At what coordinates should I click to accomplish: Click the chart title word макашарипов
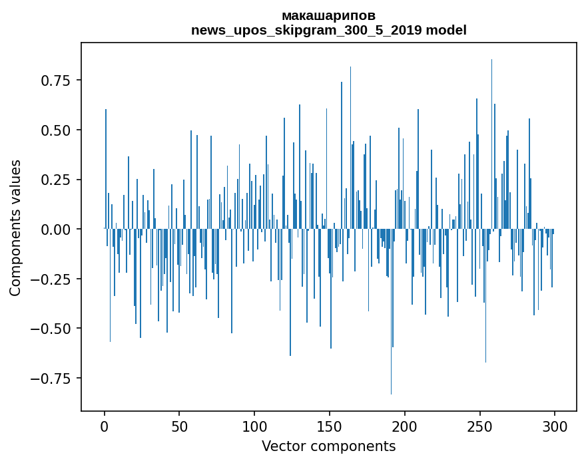(x=328, y=15)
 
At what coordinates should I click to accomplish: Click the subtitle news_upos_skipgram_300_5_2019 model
(x=328, y=30)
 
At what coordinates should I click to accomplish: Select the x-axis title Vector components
(x=328, y=446)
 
